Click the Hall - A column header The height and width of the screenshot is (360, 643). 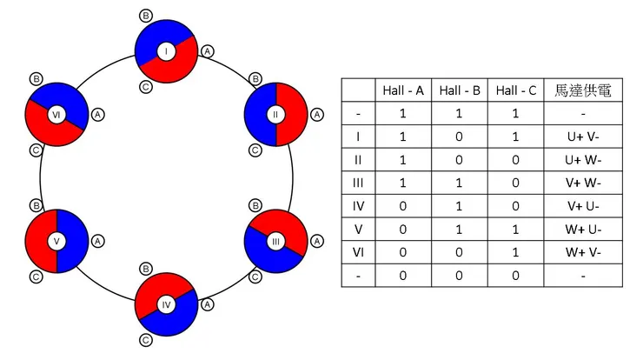[402, 90]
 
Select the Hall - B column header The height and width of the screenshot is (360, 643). [459, 90]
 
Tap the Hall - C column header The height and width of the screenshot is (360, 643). [515, 90]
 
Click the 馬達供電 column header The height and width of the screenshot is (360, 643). [583, 90]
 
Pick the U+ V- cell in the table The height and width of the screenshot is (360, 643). [583, 137]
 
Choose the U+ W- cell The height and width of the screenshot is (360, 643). [583, 160]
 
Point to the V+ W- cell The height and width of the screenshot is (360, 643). [583, 183]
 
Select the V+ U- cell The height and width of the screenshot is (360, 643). [583, 206]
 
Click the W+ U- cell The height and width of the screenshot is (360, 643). [583, 230]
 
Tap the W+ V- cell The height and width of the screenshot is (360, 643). [583, 252]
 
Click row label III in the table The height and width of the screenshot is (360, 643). [358, 183]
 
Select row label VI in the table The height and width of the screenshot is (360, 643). [358, 252]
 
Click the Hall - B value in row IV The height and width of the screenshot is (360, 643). [459, 206]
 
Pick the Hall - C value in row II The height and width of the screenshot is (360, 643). [515, 160]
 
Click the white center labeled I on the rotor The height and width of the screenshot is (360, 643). [167, 52]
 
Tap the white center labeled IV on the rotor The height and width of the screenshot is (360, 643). [167, 303]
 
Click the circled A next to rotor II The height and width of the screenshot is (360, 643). [317, 114]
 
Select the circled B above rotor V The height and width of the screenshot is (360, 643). [36, 205]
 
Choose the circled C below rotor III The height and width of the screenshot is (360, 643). [255, 277]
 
